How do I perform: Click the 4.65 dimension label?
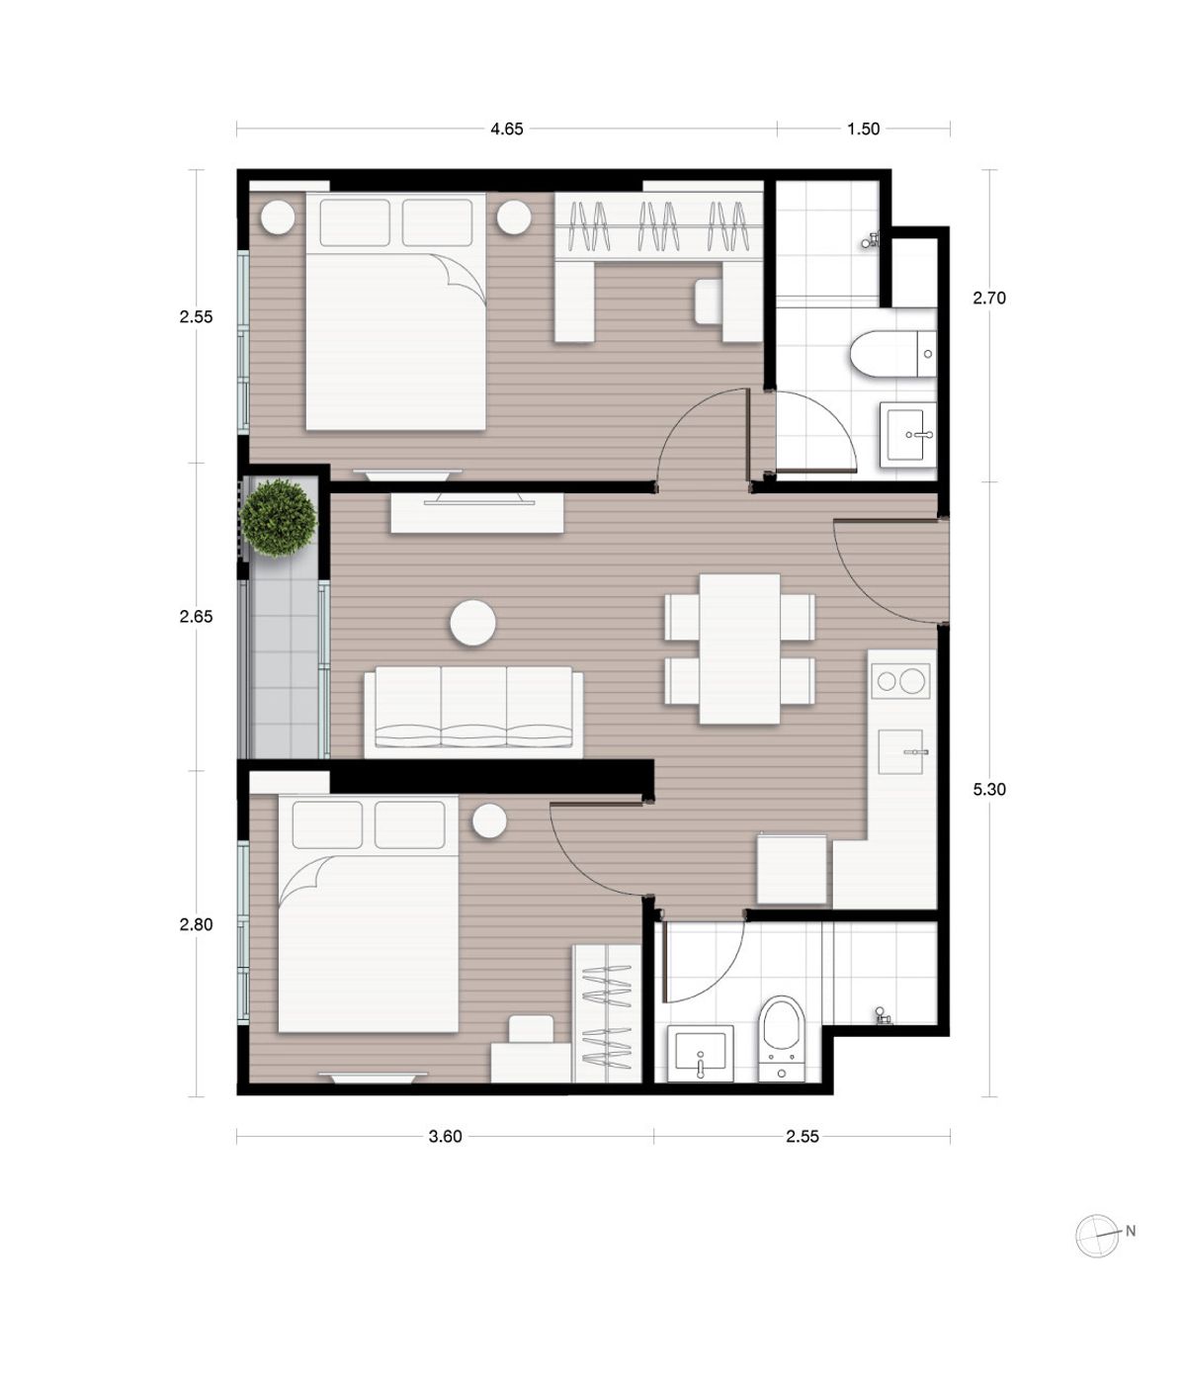[x=506, y=129]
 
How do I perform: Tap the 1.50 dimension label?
[x=863, y=129]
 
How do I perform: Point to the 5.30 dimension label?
[x=989, y=789]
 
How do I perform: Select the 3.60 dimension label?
[x=445, y=1137]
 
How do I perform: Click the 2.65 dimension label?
[x=196, y=616]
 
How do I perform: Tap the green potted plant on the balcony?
[x=278, y=518]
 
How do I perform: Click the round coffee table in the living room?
[x=473, y=624]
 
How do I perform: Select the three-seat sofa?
[x=473, y=712]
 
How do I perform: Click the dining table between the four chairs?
[x=739, y=648]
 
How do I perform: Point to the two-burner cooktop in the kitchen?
[x=899, y=681]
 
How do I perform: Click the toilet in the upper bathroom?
[x=893, y=354]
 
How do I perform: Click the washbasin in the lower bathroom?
[x=701, y=1055]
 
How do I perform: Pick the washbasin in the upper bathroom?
[x=907, y=434]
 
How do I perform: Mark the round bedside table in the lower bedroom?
[x=489, y=821]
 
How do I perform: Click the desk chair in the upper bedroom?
[x=709, y=302]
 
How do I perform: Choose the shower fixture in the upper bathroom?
[x=871, y=240]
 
